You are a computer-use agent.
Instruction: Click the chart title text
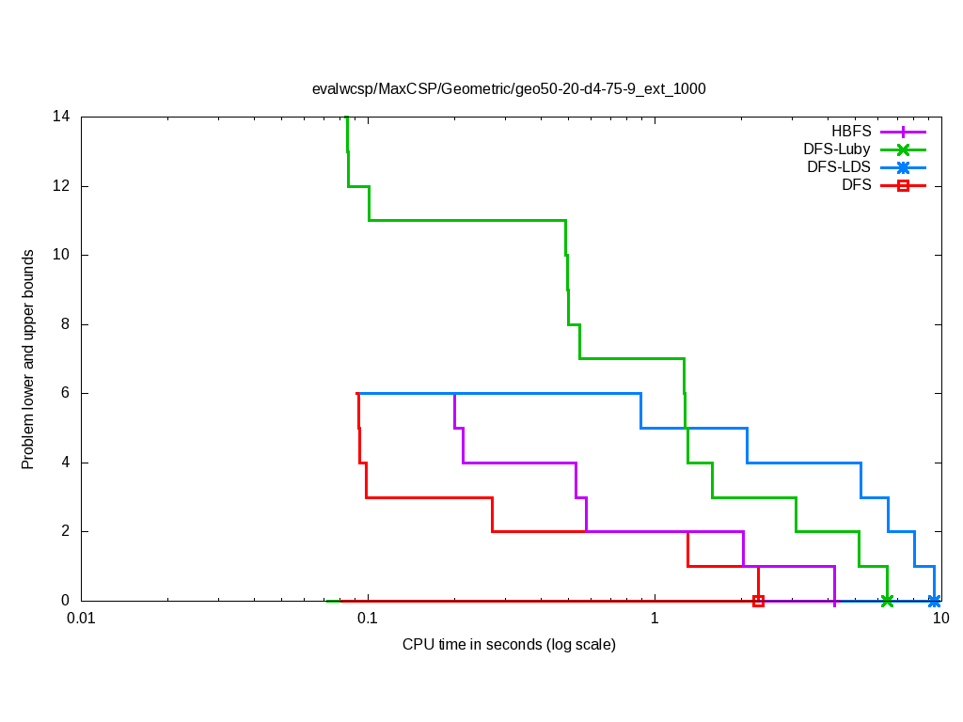click(509, 89)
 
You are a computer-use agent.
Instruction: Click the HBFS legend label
click(851, 132)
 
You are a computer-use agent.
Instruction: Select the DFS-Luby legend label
click(837, 149)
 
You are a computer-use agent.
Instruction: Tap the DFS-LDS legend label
click(839, 167)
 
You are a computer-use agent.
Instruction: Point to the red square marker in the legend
click(903, 186)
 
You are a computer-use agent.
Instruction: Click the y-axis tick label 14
click(61, 118)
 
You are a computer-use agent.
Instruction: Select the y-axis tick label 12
click(61, 186)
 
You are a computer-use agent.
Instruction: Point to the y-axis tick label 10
click(61, 256)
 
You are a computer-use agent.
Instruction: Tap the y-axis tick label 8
click(65, 324)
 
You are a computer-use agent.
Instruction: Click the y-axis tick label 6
click(65, 394)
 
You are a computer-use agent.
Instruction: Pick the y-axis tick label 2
click(65, 531)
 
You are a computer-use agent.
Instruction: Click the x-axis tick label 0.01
click(82, 619)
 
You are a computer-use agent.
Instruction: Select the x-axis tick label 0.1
click(368, 619)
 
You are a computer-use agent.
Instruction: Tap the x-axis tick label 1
click(655, 619)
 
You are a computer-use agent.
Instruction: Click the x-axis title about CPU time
click(509, 645)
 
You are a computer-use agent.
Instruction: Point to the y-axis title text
click(29, 359)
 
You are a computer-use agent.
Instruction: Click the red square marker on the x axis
click(758, 601)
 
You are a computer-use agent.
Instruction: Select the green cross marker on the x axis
click(887, 601)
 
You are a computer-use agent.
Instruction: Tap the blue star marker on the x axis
click(934, 601)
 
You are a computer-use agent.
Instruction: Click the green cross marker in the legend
click(903, 149)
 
